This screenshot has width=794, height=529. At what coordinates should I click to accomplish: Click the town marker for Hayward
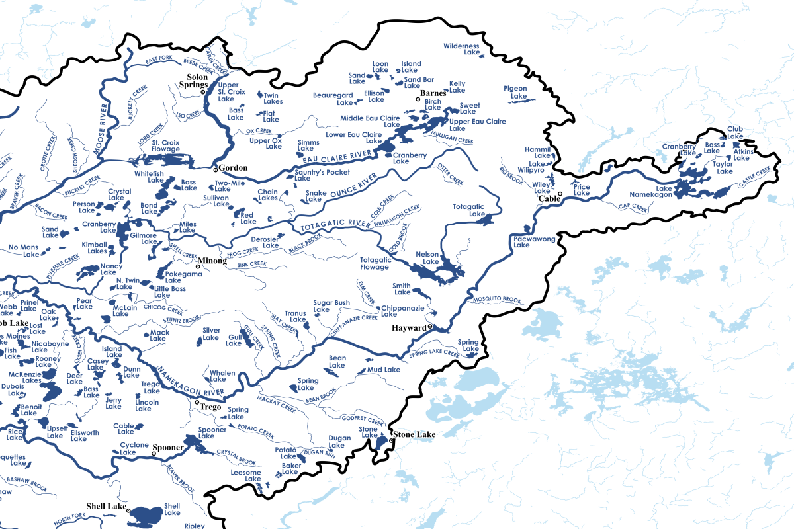(429, 327)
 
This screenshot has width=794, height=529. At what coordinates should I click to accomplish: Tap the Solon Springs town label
(193, 81)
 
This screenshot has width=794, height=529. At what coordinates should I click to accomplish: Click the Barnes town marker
(418, 99)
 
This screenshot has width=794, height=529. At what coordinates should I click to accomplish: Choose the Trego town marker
(197, 402)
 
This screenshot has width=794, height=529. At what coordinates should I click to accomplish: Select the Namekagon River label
(192, 386)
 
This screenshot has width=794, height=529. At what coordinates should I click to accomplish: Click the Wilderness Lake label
(461, 48)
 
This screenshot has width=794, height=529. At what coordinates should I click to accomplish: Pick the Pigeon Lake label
(515, 91)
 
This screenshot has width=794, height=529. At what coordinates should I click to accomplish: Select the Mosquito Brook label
(498, 299)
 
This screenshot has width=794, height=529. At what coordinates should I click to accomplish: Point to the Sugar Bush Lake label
(331, 305)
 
